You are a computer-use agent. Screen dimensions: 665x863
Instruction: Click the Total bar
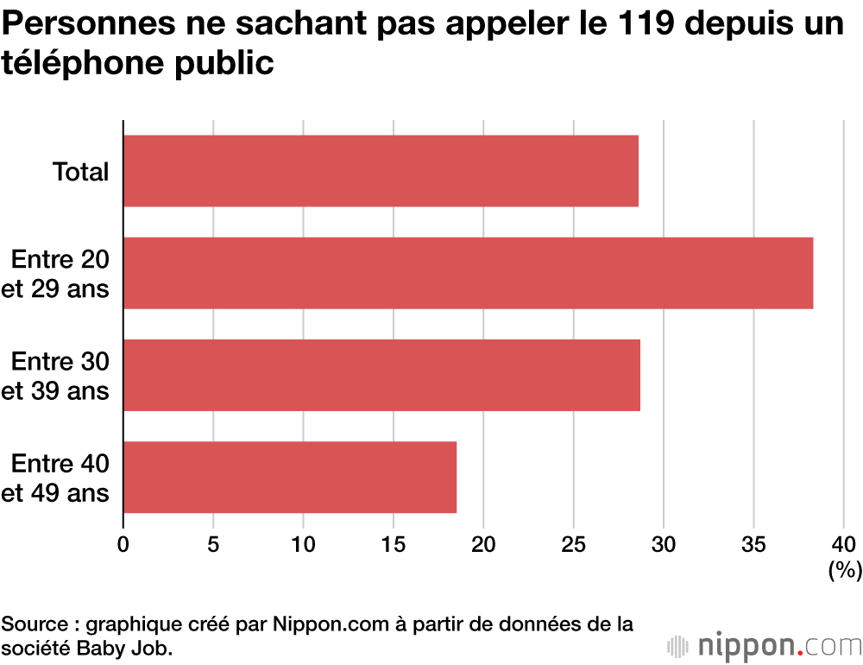(381, 171)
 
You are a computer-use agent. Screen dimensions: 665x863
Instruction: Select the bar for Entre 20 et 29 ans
(468, 273)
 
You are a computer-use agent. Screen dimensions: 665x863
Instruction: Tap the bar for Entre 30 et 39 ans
(381, 375)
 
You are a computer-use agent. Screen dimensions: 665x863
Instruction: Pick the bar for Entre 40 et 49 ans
(290, 477)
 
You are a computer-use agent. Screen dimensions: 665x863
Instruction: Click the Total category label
(81, 172)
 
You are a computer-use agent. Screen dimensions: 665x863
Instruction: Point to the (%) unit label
(845, 570)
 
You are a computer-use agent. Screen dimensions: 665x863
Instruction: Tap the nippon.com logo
(765, 644)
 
